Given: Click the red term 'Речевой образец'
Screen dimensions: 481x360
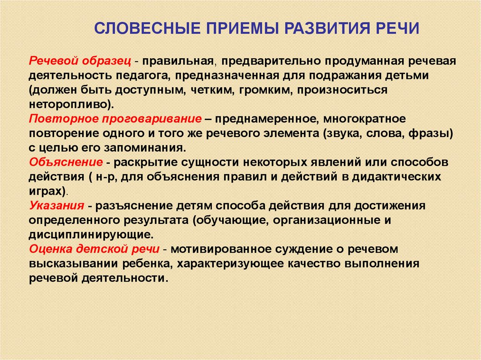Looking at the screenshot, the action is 80,61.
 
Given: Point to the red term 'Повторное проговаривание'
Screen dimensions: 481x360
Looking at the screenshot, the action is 116,119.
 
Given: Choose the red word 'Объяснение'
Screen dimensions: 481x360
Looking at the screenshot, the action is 66,162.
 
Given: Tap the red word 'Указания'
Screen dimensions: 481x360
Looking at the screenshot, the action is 56,206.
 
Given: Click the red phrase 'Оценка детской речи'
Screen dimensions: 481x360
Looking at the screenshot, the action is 94,249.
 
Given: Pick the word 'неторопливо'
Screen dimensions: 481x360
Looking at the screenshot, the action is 68,104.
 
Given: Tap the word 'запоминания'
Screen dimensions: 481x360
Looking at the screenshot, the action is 145,148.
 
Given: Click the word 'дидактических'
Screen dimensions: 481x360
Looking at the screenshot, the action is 396,176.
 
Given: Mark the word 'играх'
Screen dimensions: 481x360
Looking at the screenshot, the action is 46,191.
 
